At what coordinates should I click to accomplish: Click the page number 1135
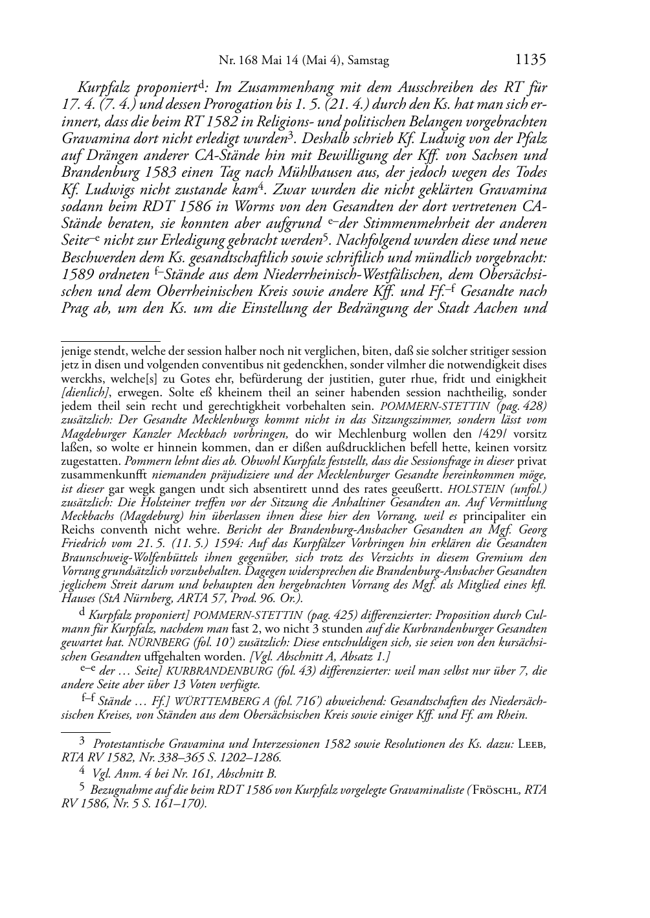tap(530, 60)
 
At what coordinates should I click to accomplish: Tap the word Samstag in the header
tap(368, 61)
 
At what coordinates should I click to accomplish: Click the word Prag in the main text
tap(76, 308)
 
